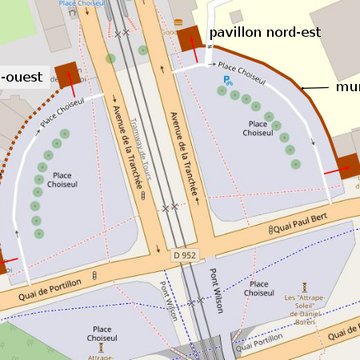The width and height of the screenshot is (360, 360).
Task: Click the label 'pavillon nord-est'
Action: [x=264, y=32]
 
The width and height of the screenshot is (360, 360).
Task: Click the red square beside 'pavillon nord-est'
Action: [x=190, y=39]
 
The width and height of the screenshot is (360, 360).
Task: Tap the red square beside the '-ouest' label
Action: [x=68, y=73]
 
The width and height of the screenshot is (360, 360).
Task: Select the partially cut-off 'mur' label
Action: [x=348, y=88]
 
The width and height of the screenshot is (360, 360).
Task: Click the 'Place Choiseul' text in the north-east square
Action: [x=258, y=127]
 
